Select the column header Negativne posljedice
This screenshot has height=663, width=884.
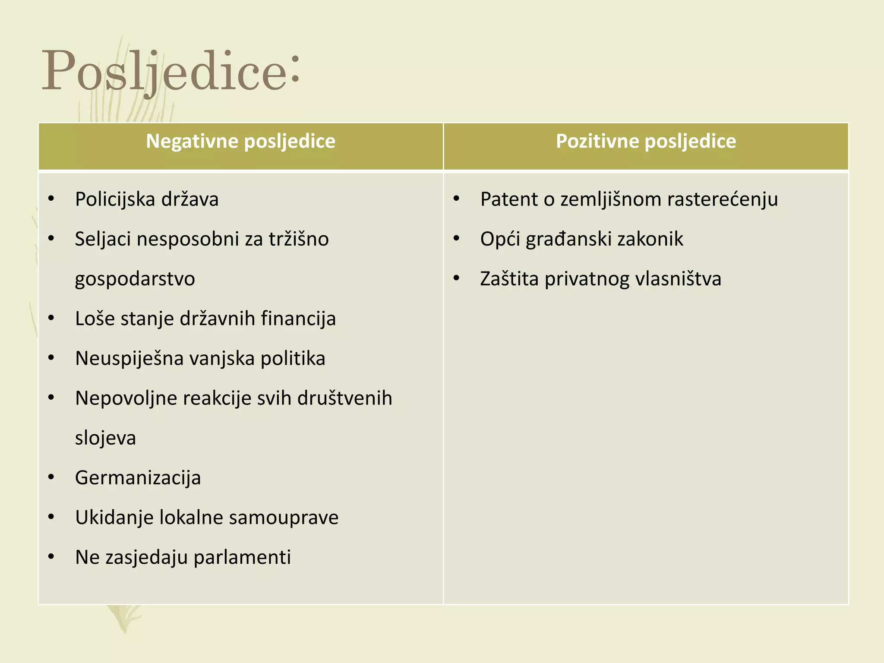pyautogui.click(x=240, y=141)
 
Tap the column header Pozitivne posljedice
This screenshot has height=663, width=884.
pyautogui.click(x=646, y=141)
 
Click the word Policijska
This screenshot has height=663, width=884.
pyautogui.click(x=115, y=199)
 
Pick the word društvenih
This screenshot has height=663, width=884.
pyautogui.click(x=345, y=398)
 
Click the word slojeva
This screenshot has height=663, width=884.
pyautogui.click(x=105, y=438)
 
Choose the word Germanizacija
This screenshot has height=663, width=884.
pyautogui.click(x=138, y=478)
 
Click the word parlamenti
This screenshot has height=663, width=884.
pyautogui.click(x=242, y=557)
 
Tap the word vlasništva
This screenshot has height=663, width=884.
pyautogui.click(x=678, y=279)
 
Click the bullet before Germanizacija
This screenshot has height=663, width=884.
pyautogui.click(x=51, y=477)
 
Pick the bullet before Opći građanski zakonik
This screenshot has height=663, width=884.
pyautogui.click(x=456, y=239)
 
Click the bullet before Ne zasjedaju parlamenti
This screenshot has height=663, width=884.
pyautogui.click(x=51, y=557)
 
